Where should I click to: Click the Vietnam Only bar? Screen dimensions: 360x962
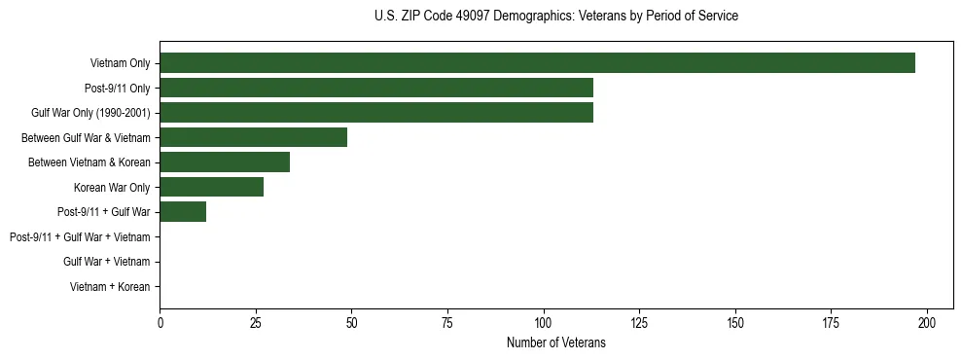[x=537, y=63]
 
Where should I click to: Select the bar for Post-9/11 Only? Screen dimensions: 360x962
[x=376, y=88]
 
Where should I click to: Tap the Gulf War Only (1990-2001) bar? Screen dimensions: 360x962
[x=376, y=113]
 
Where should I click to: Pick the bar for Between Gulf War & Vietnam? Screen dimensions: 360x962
[x=253, y=137]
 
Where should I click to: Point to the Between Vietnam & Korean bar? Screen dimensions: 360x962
[x=225, y=162]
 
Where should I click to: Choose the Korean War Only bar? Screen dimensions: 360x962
[x=211, y=187]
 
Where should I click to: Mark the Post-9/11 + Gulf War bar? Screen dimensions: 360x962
[x=183, y=212]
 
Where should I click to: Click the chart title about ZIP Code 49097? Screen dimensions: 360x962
[x=555, y=17]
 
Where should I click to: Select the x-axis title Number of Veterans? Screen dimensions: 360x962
[x=555, y=342]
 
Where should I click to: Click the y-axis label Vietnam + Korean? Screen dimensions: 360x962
[x=110, y=287]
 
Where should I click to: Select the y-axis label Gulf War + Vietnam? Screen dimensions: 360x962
[x=106, y=262]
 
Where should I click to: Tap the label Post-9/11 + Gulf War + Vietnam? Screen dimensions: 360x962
[x=80, y=237]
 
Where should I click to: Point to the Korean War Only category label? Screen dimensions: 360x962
[x=112, y=187]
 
